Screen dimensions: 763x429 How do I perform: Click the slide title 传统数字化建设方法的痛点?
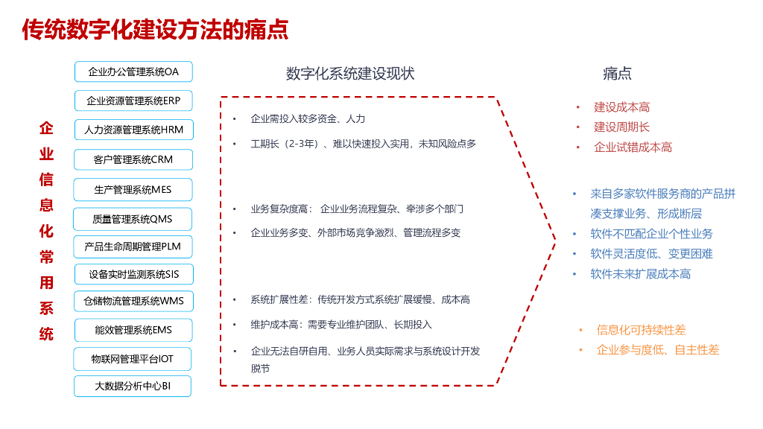155,30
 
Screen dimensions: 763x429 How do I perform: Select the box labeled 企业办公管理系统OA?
133,71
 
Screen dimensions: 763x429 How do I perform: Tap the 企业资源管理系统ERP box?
133,101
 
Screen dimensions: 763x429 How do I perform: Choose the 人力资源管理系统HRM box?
133,130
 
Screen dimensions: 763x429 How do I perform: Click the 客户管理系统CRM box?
133,159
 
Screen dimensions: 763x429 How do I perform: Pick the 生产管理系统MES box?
133,189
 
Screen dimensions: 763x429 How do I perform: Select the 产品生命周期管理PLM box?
133,246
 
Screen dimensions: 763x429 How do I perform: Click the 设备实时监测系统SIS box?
133,274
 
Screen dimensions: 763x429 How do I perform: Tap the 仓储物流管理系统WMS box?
133,301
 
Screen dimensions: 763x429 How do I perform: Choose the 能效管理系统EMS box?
133,329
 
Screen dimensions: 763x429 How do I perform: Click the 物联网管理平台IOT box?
133,358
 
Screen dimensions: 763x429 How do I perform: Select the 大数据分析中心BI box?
133,386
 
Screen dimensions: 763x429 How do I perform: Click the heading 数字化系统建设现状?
350,73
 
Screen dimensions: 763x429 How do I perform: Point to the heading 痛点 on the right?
617,73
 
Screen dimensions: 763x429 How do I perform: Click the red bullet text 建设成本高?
621,107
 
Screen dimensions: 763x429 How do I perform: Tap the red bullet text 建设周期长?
621,127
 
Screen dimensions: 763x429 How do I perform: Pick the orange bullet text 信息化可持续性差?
641,330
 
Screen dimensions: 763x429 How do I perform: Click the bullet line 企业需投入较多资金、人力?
308,119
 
